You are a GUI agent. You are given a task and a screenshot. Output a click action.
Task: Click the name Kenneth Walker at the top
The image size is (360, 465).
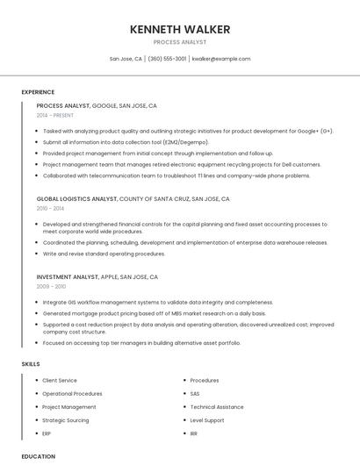180,29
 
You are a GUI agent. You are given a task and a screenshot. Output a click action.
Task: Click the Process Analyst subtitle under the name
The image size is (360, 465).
180,42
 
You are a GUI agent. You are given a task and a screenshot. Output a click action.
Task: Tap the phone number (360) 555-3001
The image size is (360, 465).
167,59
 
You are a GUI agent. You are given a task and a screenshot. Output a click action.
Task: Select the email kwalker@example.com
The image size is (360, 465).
221,59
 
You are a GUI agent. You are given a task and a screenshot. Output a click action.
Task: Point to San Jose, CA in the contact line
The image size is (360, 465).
126,59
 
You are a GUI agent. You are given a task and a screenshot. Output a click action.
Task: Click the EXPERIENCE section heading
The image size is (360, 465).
38,92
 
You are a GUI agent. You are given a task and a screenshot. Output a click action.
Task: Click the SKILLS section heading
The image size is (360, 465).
30,363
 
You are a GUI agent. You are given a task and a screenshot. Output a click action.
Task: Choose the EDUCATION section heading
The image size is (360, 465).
39,456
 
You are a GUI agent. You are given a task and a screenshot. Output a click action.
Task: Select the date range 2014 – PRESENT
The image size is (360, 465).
56,116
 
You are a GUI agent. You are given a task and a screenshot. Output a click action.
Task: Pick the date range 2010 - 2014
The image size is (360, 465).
50,209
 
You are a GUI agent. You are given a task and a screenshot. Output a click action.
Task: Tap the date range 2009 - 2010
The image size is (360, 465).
51,287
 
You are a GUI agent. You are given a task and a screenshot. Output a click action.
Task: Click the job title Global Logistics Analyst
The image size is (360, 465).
76,199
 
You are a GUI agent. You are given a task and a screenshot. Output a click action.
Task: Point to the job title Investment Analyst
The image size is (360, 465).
68,277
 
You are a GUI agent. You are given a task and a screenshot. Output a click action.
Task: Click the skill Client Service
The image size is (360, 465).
60,381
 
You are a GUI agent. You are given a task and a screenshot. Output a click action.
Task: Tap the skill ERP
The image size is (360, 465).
47,433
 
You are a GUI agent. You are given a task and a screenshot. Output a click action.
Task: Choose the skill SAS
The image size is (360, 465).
195,394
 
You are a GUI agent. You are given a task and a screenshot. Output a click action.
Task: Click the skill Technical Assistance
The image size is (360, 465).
217,407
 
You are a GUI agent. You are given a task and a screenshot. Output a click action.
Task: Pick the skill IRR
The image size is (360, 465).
194,433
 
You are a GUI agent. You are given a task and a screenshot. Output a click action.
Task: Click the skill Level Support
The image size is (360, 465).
207,420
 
